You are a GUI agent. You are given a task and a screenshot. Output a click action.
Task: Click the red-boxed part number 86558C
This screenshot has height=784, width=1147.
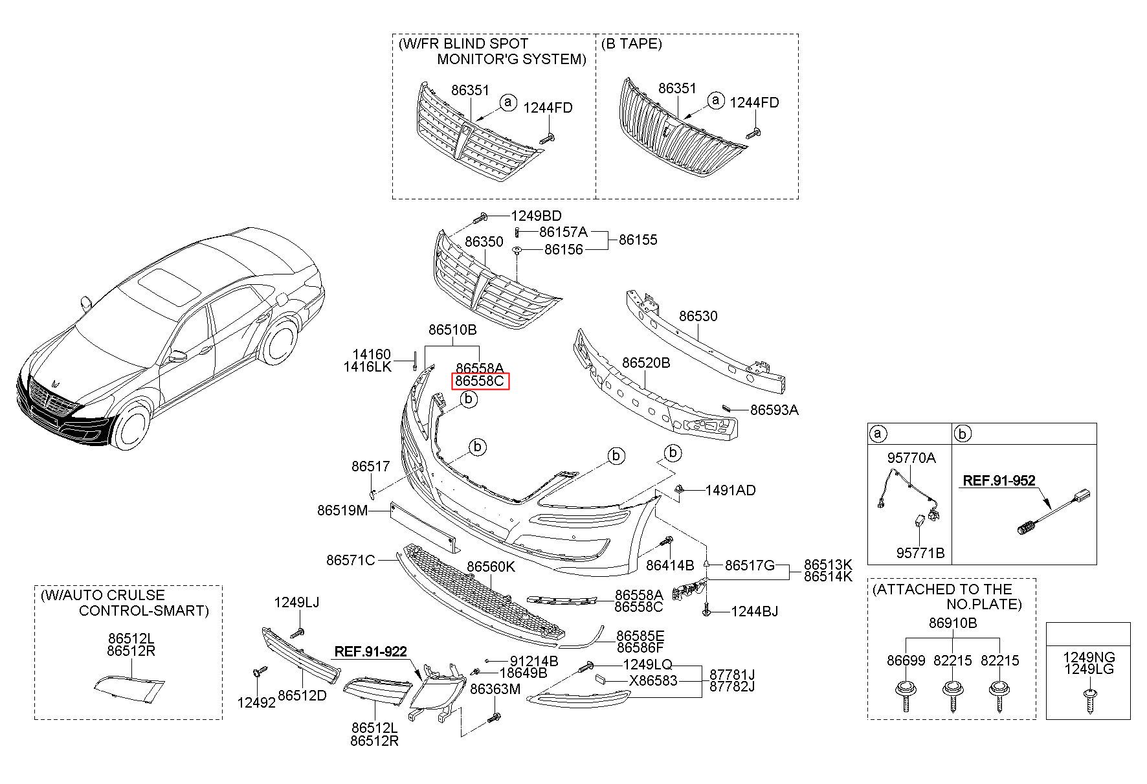(x=480, y=381)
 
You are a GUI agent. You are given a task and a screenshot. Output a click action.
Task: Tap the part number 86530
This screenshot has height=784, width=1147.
(x=698, y=317)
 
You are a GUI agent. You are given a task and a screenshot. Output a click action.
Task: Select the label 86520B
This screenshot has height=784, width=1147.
(x=645, y=363)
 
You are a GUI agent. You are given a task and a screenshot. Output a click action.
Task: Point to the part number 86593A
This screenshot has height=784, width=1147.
(x=774, y=410)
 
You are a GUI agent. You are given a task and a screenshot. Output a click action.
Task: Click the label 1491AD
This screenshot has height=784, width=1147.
(x=730, y=490)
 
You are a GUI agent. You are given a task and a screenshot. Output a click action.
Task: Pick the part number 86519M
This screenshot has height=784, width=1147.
(x=342, y=510)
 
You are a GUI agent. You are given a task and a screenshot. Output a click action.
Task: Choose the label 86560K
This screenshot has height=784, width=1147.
(x=491, y=567)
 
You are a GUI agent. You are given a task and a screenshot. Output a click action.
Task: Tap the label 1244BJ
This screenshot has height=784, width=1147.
(x=754, y=611)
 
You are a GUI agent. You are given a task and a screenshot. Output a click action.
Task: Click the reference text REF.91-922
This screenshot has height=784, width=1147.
(x=370, y=651)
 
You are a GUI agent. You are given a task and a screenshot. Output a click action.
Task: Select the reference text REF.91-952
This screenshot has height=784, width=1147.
(x=999, y=481)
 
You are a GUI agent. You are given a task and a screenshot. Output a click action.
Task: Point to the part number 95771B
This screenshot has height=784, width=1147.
(x=920, y=553)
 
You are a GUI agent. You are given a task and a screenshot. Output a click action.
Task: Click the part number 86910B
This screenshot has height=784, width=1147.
(x=952, y=623)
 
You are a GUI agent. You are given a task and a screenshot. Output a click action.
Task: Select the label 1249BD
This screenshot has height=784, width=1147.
(x=536, y=216)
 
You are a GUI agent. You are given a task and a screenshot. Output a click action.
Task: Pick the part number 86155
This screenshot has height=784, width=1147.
(x=638, y=240)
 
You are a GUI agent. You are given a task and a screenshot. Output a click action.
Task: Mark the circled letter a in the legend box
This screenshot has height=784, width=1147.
(x=878, y=434)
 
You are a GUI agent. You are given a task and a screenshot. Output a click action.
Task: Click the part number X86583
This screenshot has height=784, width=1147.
(x=653, y=680)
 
